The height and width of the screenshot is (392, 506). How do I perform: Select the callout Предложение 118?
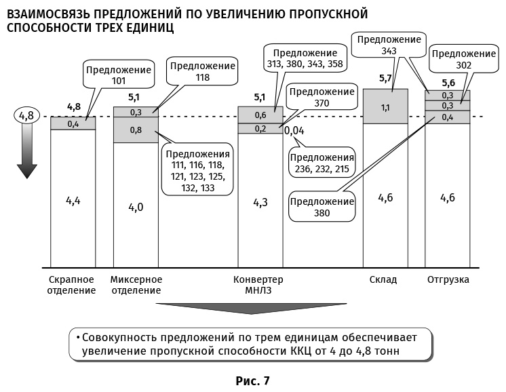click(x=203, y=71)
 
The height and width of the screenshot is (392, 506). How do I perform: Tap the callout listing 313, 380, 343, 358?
click(x=305, y=59)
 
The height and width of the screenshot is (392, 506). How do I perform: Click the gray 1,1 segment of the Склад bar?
click(x=385, y=107)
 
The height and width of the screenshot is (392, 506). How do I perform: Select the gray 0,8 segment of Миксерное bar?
click(x=136, y=130)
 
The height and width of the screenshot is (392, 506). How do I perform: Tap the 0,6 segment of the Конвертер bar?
click(x=260, y=115)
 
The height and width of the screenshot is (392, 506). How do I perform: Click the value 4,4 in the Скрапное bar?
click(x=73, y=200)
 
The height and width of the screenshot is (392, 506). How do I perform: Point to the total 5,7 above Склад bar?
click(x=385, y=79)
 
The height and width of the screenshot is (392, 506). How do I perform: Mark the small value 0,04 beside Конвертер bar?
click(x=294, y=130)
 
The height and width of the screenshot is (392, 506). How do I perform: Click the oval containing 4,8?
click(x=26, y=115)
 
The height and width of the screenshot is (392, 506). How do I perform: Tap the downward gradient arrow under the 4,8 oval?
click(x=26, y=153)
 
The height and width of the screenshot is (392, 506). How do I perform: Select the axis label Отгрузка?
click(x=448, y=279)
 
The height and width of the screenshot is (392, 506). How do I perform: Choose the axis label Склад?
click(x=383, y=279)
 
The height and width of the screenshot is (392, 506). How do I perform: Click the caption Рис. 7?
click(x=252, y=380)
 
